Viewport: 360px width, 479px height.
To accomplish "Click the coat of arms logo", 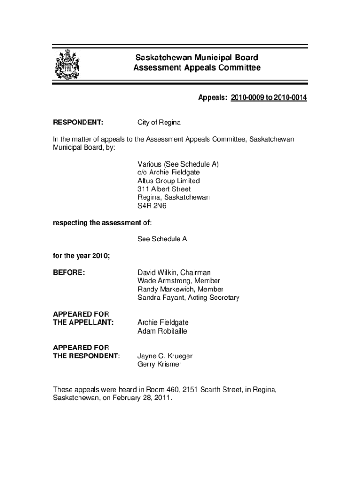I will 67,65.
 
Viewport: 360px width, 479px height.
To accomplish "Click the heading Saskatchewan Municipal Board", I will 196,58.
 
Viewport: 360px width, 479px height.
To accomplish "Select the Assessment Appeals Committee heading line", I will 196,68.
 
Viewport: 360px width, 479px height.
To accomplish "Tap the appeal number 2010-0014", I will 288,98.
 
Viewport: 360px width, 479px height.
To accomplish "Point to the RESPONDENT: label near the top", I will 78,123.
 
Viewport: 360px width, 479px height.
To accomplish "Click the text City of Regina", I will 159,123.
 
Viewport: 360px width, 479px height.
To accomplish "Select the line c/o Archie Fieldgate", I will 169,173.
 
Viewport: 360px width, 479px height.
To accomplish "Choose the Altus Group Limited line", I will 168,181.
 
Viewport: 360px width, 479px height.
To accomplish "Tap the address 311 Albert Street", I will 164,189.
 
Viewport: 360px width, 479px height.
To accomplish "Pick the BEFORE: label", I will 69,273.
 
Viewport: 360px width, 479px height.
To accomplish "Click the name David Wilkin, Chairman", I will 174,273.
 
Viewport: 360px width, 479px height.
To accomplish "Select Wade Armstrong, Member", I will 179,281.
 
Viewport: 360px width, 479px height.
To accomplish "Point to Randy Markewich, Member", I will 180,290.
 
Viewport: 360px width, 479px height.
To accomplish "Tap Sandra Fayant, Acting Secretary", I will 188,298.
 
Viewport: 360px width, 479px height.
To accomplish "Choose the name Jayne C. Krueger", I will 165,356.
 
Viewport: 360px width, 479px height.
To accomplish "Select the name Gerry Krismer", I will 159,364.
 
